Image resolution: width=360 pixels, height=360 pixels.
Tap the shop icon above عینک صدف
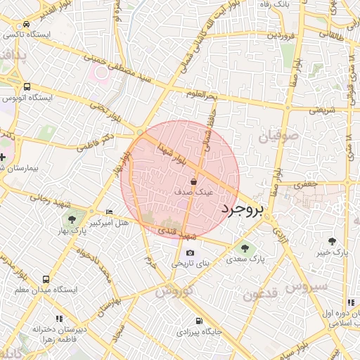coord(193,181)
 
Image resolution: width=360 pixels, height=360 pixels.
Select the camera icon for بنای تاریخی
coord(190,253)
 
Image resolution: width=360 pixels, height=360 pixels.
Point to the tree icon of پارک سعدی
coord(245,247)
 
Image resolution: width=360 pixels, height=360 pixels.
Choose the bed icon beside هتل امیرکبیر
coord(108,212)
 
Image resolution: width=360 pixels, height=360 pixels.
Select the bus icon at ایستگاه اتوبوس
coord(27,86)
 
